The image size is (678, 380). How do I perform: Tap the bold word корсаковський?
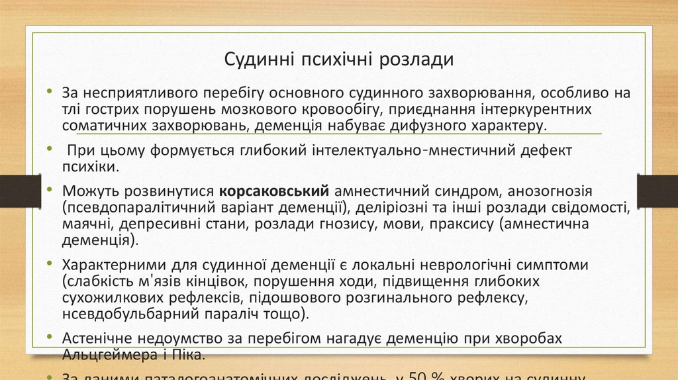click(x=274, y=192)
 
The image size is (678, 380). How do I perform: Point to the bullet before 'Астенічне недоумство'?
click(x=50, y=338)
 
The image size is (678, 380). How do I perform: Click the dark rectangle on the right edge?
click(x=657, y=191)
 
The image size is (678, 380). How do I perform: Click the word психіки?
click(x=87, y=167)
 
